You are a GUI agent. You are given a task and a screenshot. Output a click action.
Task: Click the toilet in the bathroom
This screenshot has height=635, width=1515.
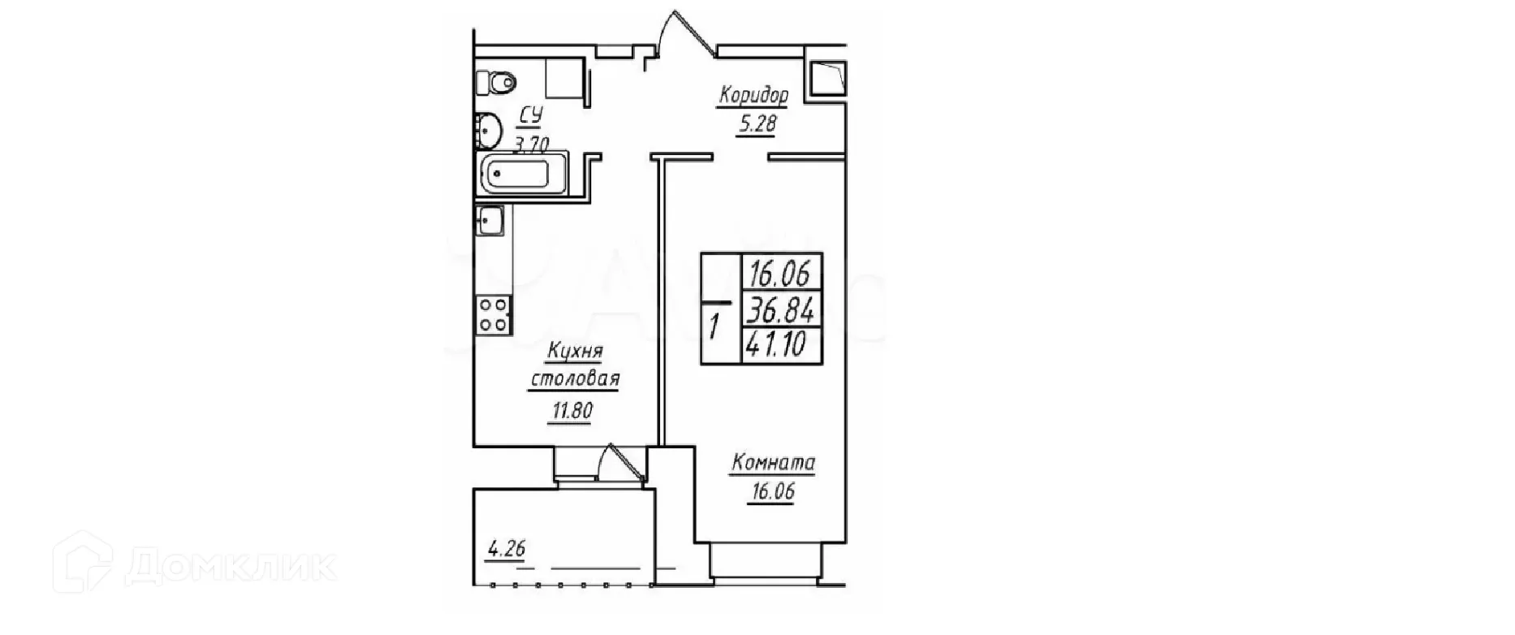(x=494, y=81)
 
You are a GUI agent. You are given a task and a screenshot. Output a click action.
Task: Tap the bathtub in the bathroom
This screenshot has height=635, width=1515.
(x=516, y=175)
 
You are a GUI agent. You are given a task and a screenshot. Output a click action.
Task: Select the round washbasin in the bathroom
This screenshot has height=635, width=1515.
(x=487, y=128)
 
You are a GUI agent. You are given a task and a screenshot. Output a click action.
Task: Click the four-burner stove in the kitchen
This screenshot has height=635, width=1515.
(x=494, y=315)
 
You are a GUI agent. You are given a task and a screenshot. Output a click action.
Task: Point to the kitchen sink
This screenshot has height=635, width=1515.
(x=489, y=220)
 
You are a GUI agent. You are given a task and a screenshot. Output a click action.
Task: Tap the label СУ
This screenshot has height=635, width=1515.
(x=531, y=116)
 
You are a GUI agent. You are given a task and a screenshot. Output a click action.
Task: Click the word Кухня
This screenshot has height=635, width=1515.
(x=575, y=351)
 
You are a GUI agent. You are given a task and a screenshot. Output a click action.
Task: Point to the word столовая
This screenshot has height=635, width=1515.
(x=575, y=379)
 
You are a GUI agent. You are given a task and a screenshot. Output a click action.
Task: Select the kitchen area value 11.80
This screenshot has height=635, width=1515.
(x=572, y=411)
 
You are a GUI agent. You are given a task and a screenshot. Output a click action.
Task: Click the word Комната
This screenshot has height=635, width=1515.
(x=773, y=464)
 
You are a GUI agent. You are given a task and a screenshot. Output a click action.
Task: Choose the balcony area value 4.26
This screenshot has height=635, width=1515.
(x=505, y=550)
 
